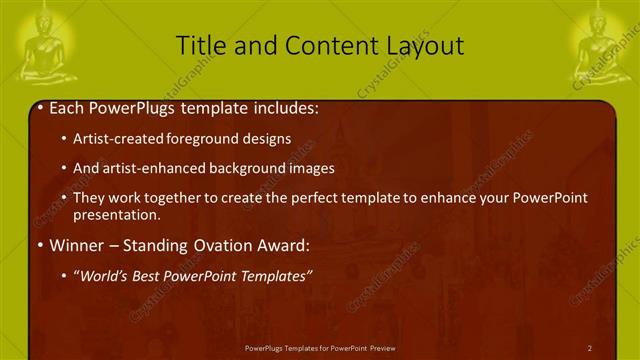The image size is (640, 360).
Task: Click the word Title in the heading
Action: [200, 45]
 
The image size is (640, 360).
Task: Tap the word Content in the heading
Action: [314, 45]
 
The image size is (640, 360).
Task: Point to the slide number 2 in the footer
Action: [589, 348]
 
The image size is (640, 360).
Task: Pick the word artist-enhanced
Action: [147, 168]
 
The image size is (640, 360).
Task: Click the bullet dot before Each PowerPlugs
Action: [38, 107]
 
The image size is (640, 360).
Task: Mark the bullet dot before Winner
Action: [38, 244]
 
